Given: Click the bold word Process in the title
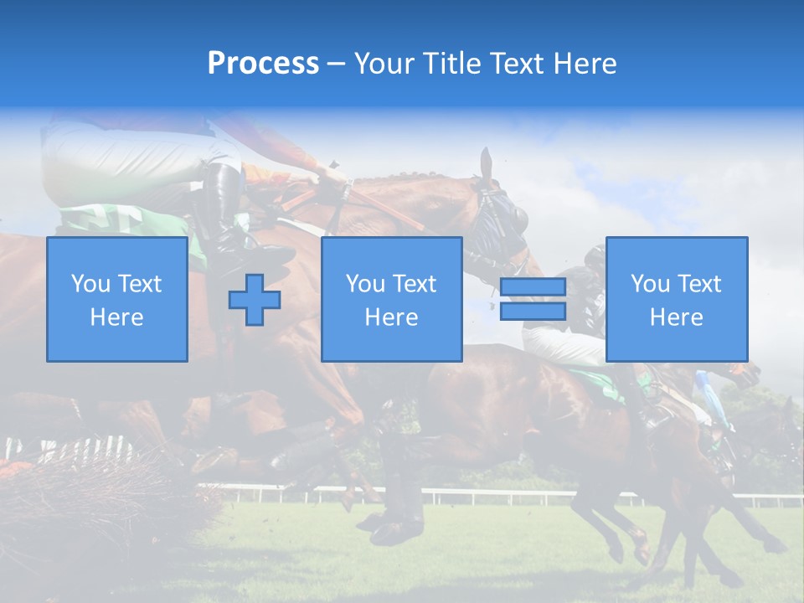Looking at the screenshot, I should pos(263,63).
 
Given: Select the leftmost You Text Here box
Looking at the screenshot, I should pos(116,299).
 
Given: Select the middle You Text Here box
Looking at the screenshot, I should pos(391,299).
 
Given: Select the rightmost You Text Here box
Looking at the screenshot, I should pos(676,299).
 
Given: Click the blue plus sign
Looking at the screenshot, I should pos(255,300).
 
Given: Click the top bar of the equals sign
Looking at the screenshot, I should pos(533,287).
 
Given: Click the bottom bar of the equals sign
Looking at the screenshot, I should pos(533,312).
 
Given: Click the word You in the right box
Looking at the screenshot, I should pos(649,284).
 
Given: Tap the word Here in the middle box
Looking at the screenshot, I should pos(391,317).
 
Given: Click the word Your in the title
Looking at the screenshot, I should pos(384,63).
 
